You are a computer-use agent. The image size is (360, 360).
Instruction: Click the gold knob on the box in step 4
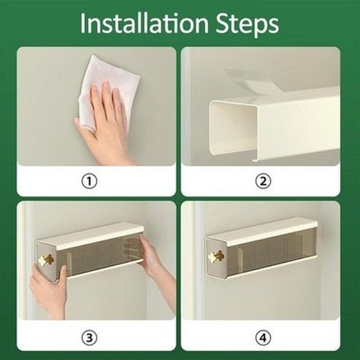pos(216,257)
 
